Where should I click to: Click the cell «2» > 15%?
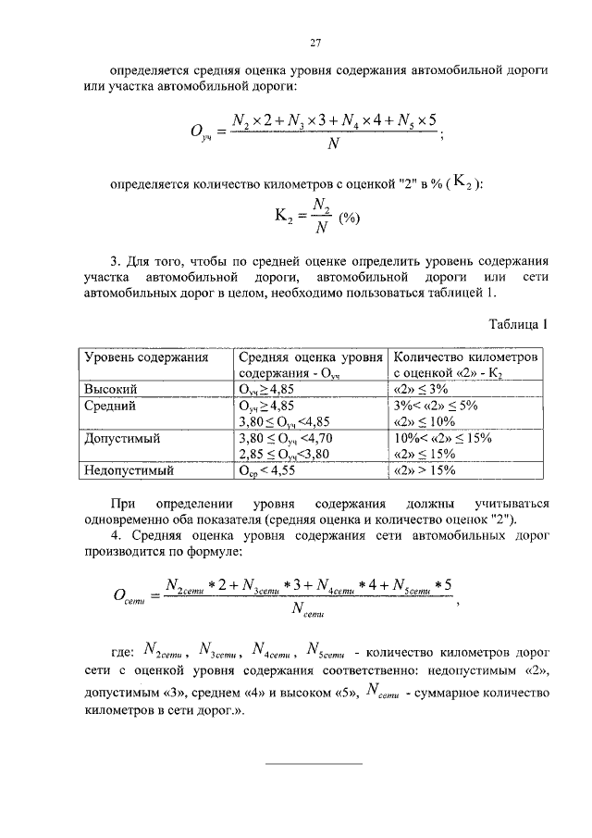click(x=425, y=470)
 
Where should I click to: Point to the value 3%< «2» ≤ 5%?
click(x=434, y=406)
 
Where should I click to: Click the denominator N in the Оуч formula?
click(x=331, y=144)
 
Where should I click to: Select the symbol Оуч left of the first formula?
click(x=203, y=133)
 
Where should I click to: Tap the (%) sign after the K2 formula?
click(x=348, y=219)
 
